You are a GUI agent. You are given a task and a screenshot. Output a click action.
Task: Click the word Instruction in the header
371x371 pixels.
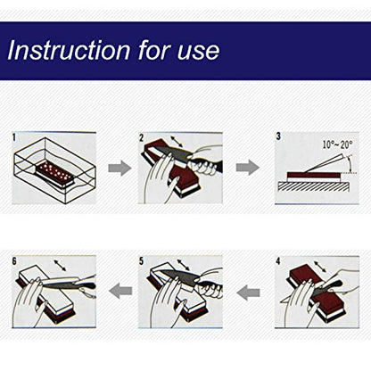[x=69, y=50]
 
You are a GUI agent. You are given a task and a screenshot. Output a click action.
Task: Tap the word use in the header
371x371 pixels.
[x=199, y=52]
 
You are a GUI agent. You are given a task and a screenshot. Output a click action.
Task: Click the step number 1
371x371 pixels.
[x=14, y=137]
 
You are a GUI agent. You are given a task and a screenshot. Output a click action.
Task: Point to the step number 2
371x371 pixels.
[x=141, y=137]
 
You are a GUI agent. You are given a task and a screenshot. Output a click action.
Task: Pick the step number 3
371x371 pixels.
[x=278, y=136]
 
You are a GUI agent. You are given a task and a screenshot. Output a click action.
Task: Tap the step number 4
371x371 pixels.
[x=278, y=261]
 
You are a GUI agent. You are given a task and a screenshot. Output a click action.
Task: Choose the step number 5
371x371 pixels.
[x=141, y=261]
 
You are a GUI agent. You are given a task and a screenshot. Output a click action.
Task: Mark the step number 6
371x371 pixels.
[x=14, y=261]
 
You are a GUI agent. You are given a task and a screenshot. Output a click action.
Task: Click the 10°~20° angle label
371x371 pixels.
[x=338, y=144]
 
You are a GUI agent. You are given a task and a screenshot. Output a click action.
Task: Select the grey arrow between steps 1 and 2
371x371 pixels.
[x=120, y=168]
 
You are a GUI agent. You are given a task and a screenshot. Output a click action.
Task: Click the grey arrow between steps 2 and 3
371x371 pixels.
[x=248, y=168]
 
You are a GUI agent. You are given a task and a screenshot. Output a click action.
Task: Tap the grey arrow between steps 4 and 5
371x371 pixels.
[x=249, y=293]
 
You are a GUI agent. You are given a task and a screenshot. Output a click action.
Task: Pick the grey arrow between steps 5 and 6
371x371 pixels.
[x=120, y=291]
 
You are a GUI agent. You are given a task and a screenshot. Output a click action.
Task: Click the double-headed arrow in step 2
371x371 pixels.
[x=177, y=142]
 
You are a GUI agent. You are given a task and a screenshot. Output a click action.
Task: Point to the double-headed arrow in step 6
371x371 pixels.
[x=61, y=266]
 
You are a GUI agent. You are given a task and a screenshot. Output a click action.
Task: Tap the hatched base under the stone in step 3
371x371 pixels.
[x=314, y=186]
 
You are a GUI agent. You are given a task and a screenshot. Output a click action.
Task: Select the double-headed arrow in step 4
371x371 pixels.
[x=320, y=267]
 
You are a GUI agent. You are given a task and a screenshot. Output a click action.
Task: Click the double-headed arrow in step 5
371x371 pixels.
[x=184, y=265]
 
